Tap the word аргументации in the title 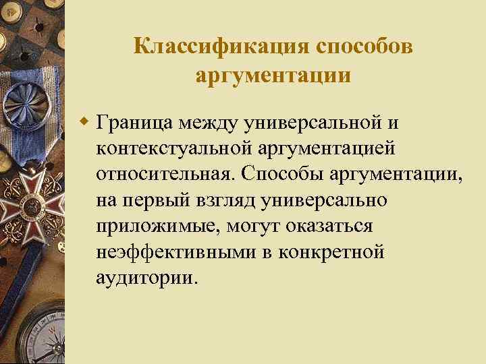(x=273, y=75)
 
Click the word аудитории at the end (x=147, y=277)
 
